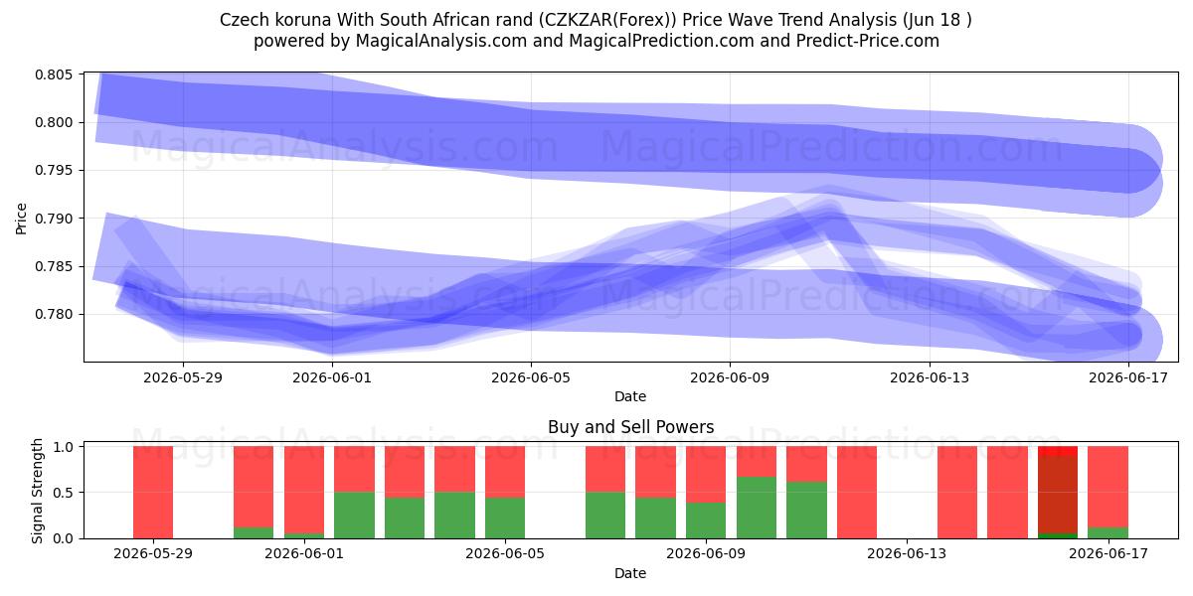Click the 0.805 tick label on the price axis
[x=54, y=74]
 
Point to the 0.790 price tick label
[x=54, y=219]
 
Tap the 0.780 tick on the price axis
[x=54, y=315]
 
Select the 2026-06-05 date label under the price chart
[x=531, y=377]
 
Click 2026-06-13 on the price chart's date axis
[x=930, y=377]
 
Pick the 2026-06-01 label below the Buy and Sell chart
[x=304, y=554]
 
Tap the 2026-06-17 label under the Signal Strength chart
[x=1108, y=554]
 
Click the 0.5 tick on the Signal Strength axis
[x=63, y=493]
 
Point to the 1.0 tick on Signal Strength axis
[x=63, y=447]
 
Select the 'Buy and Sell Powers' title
[x=630, y=427]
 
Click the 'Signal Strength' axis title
[x=37, y=491]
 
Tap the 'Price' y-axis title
[x=21, y=219]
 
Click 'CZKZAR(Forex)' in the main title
[x=607, y=20]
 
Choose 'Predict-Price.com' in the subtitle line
[x=868, y=41]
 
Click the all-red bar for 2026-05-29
[x=153, y=493]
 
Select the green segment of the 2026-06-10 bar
[x=757, y=508]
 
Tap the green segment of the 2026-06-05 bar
[x=505, y=518]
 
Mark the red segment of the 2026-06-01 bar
[x=304, y=490]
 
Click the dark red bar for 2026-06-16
[x=1058, y=495]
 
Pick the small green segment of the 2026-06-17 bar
[x=1108, y=532]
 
